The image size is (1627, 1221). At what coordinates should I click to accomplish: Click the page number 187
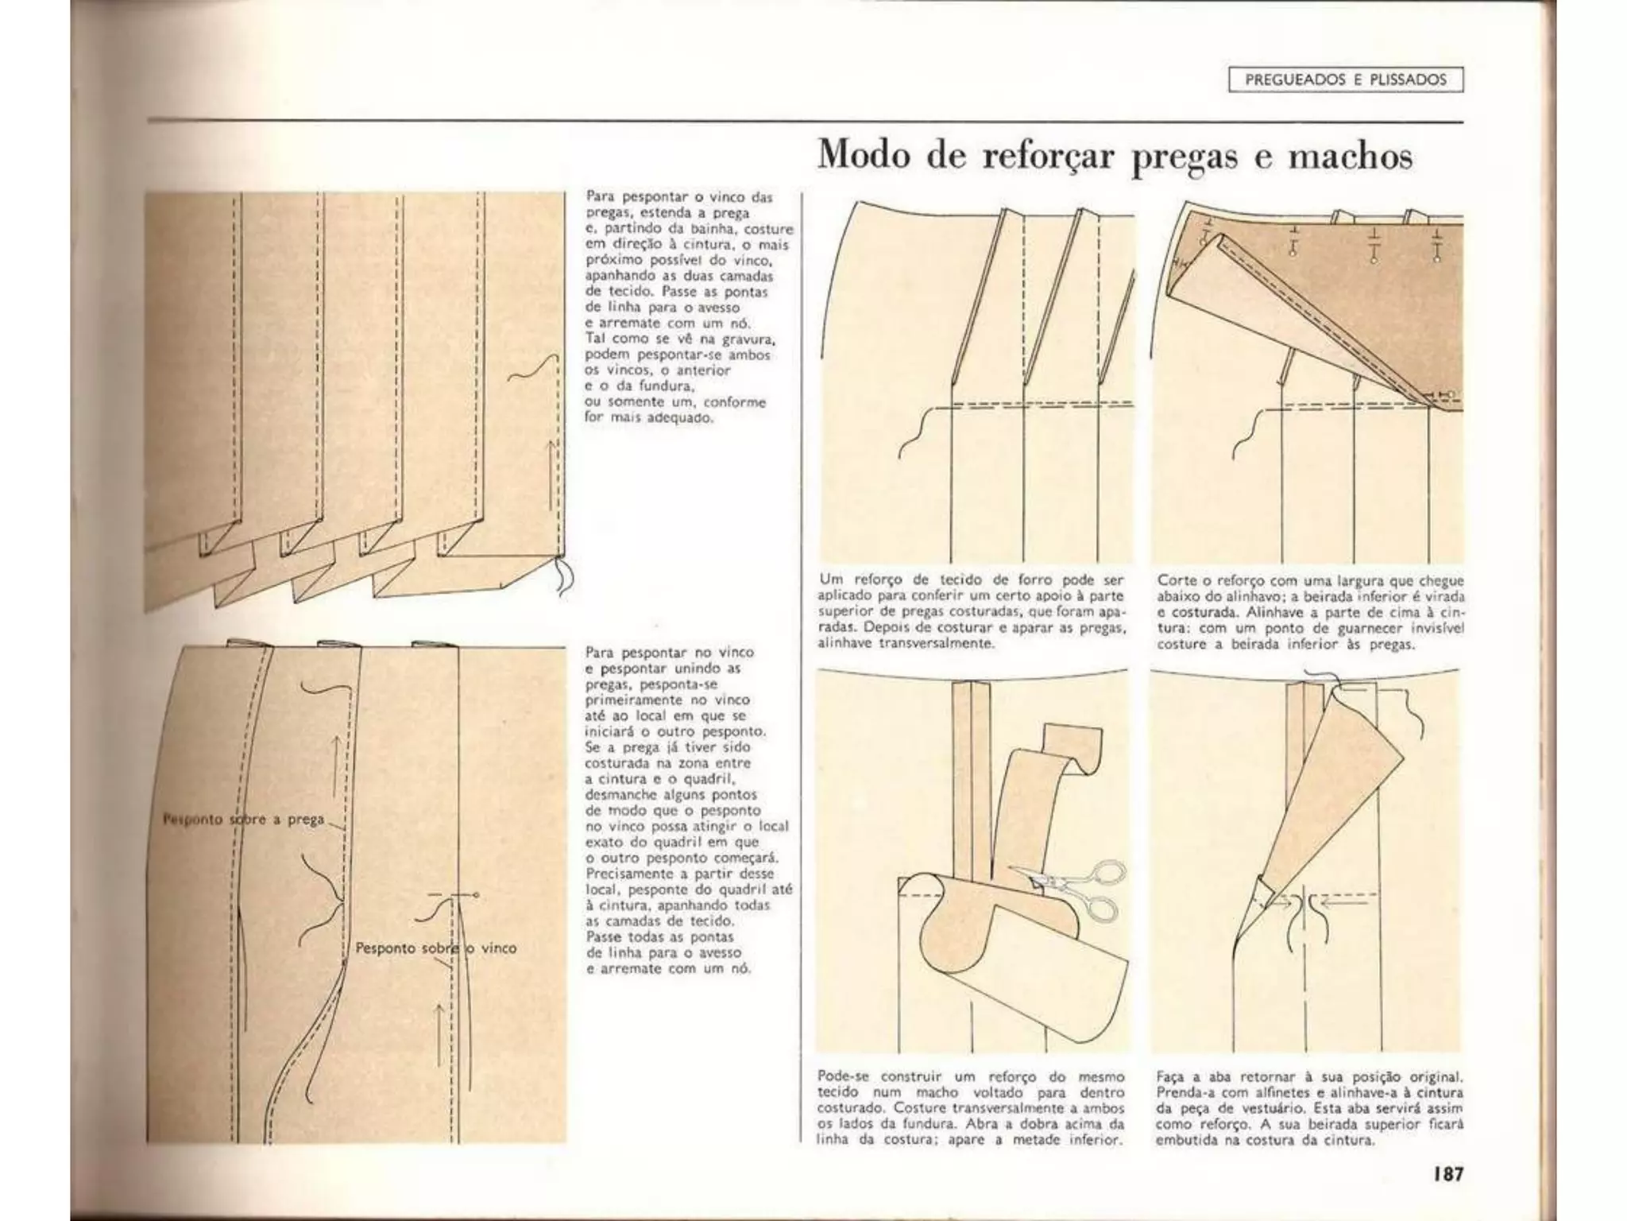click(1448, 1173)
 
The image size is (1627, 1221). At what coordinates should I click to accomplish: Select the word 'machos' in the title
click(1350, 156)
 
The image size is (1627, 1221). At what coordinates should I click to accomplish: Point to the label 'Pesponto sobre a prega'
click(244, 819)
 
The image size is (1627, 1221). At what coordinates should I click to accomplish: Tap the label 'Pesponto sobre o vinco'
click(435, 948)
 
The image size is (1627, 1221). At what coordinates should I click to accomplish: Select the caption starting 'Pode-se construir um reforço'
click(971, 1108)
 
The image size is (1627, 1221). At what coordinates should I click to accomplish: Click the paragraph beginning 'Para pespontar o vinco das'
click(688, 307)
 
